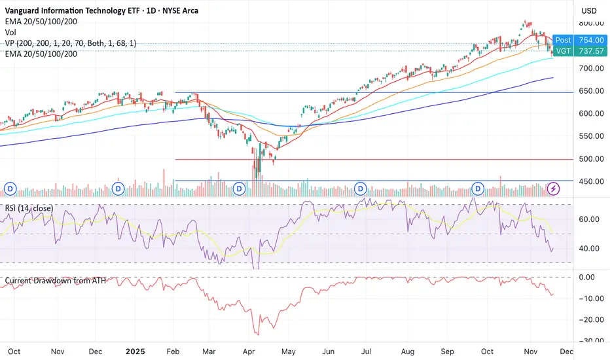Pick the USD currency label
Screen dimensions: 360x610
(588, 10)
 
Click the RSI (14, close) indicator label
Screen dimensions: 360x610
(29, 208)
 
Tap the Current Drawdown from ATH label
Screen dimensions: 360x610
(56, 281)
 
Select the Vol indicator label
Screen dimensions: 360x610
(11, 31)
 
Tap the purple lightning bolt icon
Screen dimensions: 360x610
(554, 189)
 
